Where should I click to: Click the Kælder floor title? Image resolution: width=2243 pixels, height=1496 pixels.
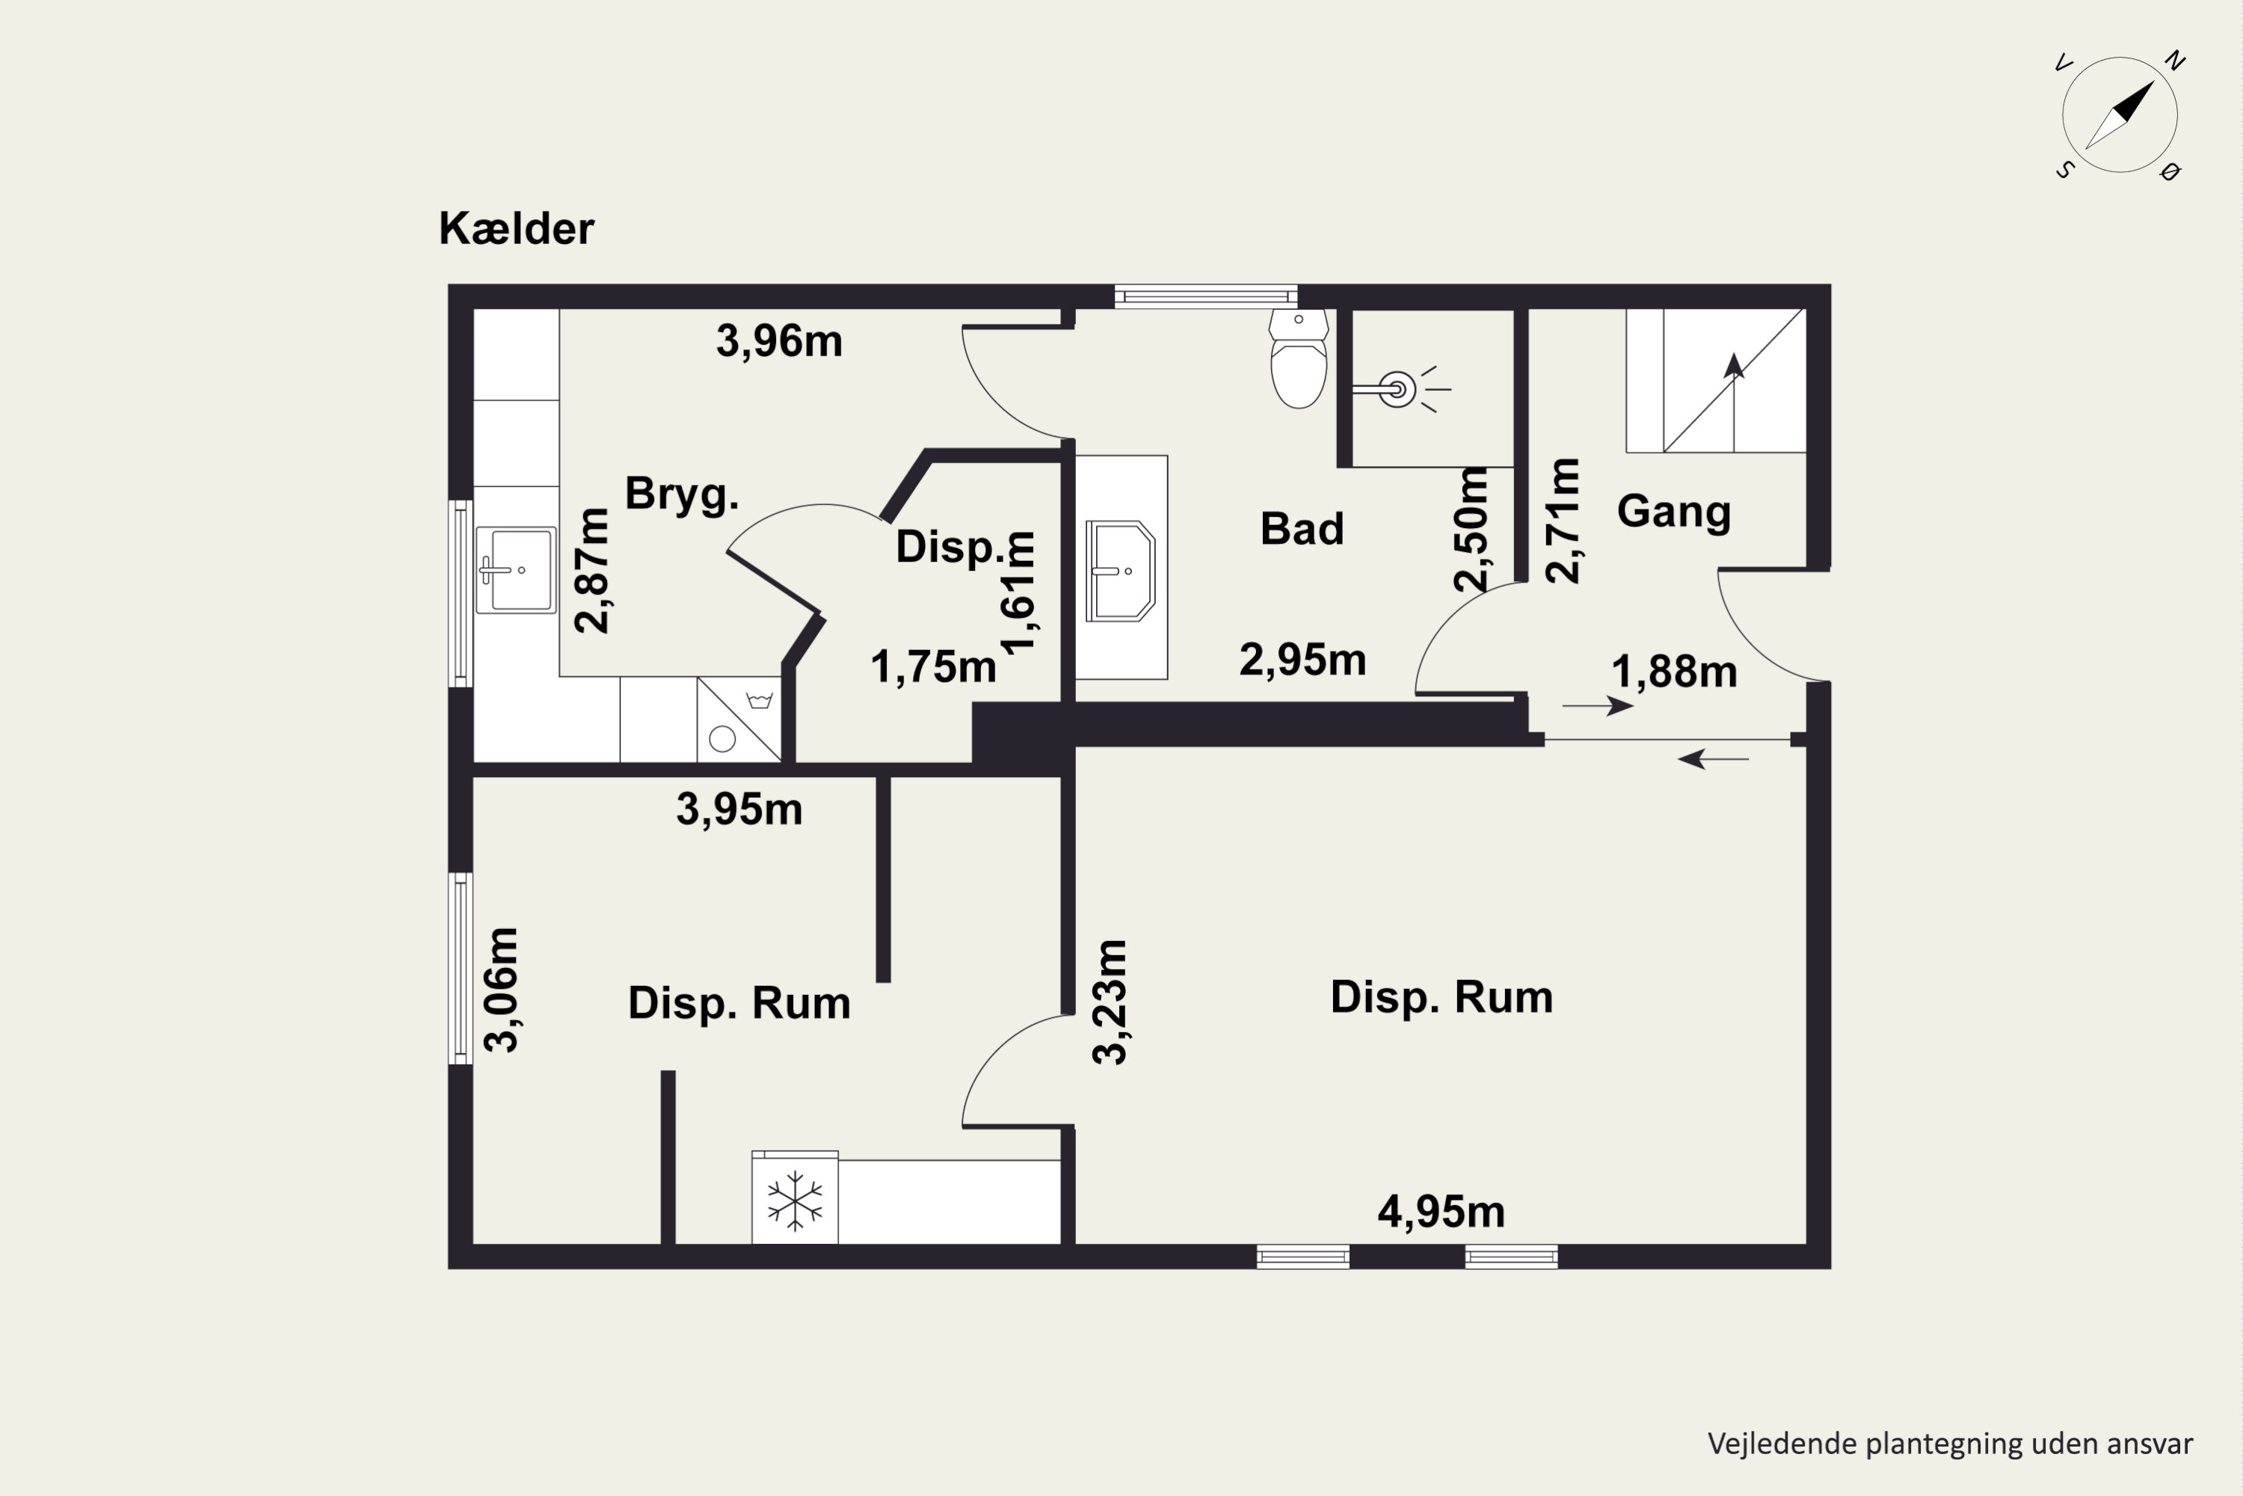(x=516, y=229)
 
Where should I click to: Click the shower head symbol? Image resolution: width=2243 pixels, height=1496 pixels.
(x=1400, y=389)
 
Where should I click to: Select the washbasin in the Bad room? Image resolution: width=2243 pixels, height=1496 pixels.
(x=1121, y=571)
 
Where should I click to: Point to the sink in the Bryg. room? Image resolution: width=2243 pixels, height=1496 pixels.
(x=516, y=569)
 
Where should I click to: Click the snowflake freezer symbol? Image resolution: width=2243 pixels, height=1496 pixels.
(x=794, y=1201)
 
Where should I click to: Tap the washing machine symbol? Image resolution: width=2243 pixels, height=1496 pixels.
(x=739, y=720)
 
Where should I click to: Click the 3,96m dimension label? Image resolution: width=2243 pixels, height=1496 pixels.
(x=779, y=342)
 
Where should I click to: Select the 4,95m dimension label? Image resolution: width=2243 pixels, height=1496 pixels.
(x=1441, y=1212)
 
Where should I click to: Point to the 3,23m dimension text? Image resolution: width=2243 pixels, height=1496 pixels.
(x=1110, y=1002)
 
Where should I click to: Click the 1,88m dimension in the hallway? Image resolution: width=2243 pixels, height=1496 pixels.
(x=1674, y=672)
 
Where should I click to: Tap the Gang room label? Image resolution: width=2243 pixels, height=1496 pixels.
(x=1674, y=512)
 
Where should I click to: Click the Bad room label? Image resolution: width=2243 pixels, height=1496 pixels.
(x=1302, y=529)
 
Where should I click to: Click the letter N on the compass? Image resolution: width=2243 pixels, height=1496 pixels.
(x=2175, y=61)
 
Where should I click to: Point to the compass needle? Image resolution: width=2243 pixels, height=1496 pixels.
(x=2119, y=115)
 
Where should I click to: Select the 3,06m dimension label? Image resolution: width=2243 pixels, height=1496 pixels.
(x=501, y=990)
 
